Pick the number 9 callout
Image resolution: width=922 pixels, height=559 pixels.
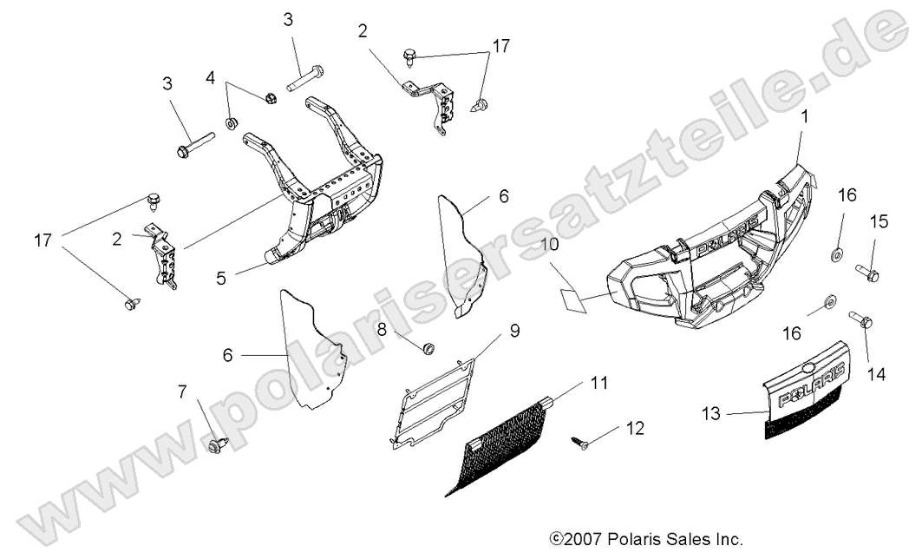(513, 330)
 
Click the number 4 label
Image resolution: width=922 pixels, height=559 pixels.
(210, 78)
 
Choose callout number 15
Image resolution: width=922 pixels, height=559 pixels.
(879, 222)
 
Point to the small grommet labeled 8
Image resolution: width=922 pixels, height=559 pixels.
(428, 348)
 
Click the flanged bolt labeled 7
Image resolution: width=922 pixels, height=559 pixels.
(217, 444)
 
